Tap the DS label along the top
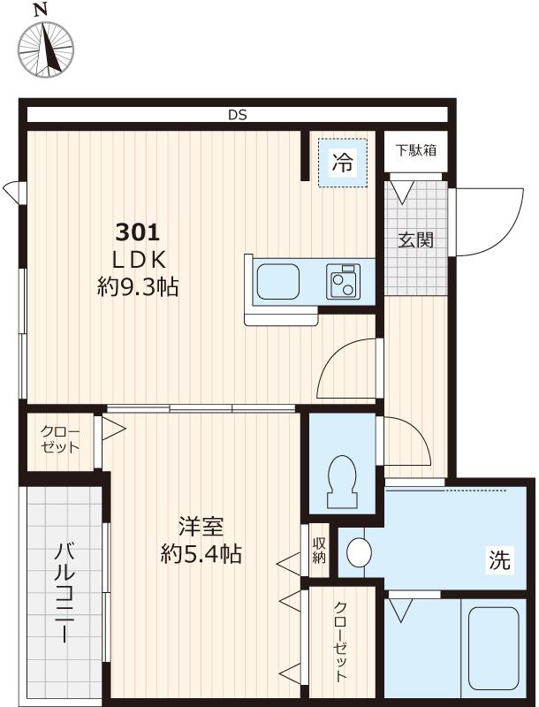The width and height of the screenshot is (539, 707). pos(237,115)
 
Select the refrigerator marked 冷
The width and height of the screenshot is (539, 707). pos(343,162)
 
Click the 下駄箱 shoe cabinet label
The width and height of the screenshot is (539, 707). pos(414,149)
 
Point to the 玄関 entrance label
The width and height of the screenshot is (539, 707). pos(414,239)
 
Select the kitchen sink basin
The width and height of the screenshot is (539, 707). pos(277,282)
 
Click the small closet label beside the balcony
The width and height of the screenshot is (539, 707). pos(60,439)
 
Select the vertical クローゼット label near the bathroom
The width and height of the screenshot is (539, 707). pos(340,642)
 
